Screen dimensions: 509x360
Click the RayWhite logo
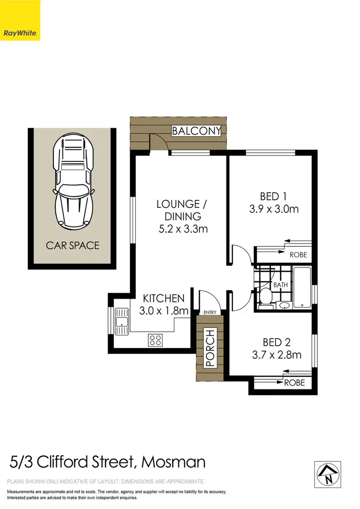click(20, 20)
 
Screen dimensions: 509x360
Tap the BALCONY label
click(196, 131)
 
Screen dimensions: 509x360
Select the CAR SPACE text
click(72, 245)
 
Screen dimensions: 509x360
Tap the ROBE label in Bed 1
click(297, 255)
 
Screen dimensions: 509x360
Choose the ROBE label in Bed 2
click(294, 383)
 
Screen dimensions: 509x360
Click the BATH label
click(280, 285)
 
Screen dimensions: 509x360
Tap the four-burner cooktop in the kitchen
click(155, 340)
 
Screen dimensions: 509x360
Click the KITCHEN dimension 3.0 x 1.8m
click(164, 311)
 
